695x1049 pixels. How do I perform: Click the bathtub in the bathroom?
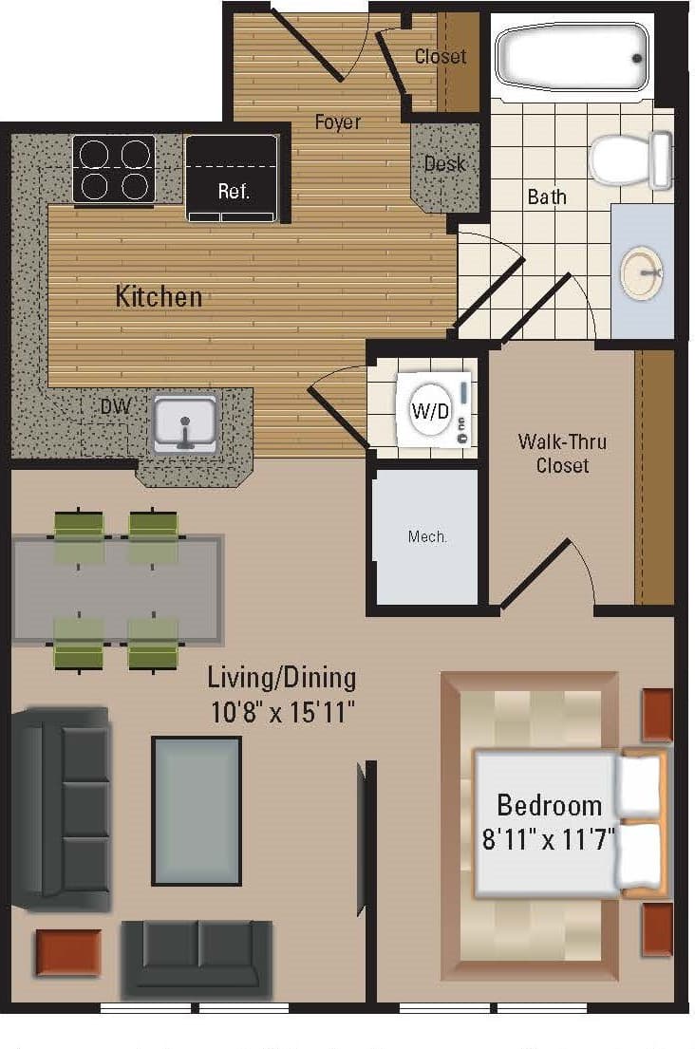pyautogui.click(x=573, y=57)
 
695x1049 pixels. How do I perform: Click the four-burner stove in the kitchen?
pyautogui.click(x=113, y=169)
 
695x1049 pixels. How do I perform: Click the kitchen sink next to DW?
pyautogui.click(x=185, y=421)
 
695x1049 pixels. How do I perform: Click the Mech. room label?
pyautogui.click(x=427, y=536)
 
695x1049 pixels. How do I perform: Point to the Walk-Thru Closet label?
pyautogui.click(x=562, y=454)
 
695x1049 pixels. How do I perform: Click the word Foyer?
pyautogui.click(x=338, y=122)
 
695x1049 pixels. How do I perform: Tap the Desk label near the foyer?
pyautogui.click(x=444, y=164)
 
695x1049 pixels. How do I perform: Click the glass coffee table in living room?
pyautogui.click(x=197, y=810)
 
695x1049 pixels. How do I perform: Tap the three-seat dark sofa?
pyautogui.click(x=62, y=809)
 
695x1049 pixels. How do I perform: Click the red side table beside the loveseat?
pyautogui.click(x=68, y=952)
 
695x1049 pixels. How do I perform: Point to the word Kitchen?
pyautogui.click(x=159, y=296)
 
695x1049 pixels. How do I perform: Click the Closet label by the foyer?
pyautogui.click(x=440, y=57)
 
